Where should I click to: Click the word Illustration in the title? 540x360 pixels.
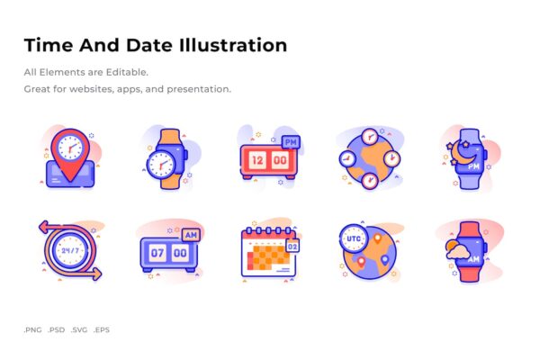click(x=233, y=45)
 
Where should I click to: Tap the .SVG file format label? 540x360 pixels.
click(x=79, y=329)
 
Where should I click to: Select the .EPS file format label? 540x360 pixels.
click(x=101, y=329)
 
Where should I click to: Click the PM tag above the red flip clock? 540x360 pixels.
click(x=291, y=142)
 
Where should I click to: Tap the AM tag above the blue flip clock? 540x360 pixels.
click(x=191, y=235)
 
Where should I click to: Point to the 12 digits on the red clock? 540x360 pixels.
click(x=257, y=160)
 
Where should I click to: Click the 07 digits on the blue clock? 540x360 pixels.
click(x=157, y=253)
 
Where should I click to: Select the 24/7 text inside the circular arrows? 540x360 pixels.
click(x=70, y=250)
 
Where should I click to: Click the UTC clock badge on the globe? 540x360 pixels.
click(x=354, y=238)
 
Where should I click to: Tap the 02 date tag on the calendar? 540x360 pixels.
click(x=292, y=247)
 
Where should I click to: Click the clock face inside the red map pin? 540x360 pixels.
click(x=70, y=148)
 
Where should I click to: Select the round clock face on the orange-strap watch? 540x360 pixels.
click(x=161, y=164)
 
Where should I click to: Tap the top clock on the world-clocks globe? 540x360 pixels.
click(x=370, y=137)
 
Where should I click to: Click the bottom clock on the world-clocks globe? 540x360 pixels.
click(x=370, y=180)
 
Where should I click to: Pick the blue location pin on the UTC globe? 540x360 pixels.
click(x=384, y=260)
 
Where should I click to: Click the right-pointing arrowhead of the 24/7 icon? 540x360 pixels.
click(x=96, y=274)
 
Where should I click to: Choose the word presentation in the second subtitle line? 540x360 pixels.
click(x=199, y=89)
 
